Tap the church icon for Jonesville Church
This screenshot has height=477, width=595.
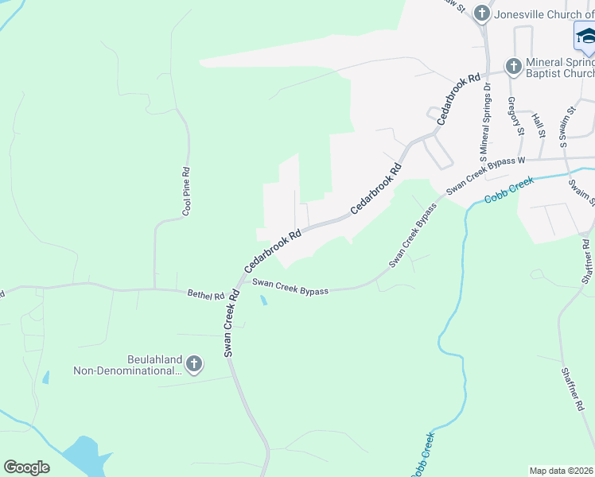click(481, 13)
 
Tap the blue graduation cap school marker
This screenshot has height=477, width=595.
click(585, 36)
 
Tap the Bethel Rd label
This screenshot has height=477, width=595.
click(206, 295)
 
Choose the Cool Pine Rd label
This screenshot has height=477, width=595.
click(187, 192)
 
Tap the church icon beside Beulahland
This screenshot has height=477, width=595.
click(193, 365)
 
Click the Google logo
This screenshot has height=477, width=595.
click(26, 467)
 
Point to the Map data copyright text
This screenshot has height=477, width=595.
click(560, 471)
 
